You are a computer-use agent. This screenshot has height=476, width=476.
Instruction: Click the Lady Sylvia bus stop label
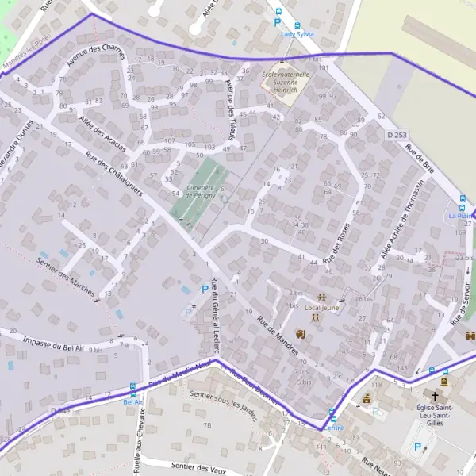[x=292, y=35]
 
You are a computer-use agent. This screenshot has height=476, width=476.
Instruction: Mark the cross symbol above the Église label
[x=435, y=395]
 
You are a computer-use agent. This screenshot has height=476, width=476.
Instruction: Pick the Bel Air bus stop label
[x=133, y=401]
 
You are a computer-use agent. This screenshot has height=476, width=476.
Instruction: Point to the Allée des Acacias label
[x=102, y=131]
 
